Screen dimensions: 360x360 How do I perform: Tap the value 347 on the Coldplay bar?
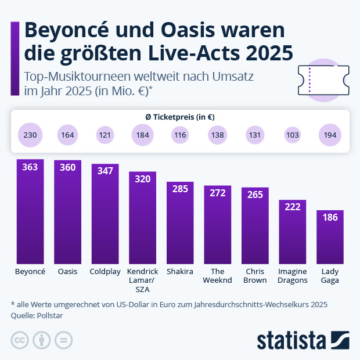105,172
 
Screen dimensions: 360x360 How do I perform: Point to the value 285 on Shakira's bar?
180,189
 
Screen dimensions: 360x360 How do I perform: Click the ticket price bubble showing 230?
30,135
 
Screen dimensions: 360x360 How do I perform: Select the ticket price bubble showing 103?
293,135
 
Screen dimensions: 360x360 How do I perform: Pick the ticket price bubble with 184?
142,135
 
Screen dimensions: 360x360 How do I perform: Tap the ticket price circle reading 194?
330,135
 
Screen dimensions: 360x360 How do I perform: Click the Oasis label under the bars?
67,272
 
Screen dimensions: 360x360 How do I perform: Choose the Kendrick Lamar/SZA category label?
142,280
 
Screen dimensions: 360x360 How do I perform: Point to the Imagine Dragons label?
293,276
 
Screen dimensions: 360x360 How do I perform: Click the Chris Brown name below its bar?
255,276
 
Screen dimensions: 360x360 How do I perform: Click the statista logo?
303,339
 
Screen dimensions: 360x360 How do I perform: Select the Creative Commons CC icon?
20,340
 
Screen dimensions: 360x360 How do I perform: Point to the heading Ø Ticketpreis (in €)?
180,117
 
